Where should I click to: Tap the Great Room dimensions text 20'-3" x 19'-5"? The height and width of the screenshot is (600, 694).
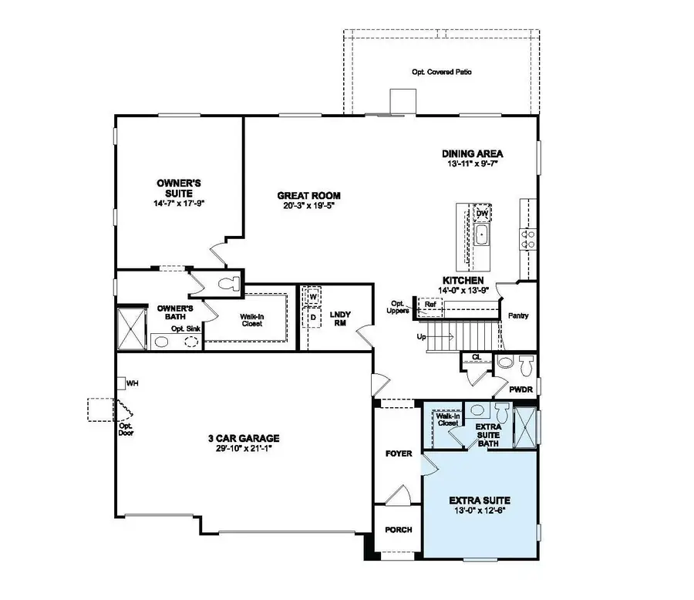[x=308, y=207]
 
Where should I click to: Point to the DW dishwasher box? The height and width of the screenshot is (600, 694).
[x=482, y=213]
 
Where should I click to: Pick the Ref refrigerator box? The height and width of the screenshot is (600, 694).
[x=431, y=304]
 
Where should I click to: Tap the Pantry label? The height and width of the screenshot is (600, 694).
[x=517, y=315]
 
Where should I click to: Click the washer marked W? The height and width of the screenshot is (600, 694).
[x=314, y=296]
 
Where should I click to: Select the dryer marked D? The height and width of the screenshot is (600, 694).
[x=314, y=316]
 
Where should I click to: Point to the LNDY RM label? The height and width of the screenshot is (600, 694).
[x=340, y=319]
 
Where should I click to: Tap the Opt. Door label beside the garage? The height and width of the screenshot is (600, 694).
[x=126, y=430]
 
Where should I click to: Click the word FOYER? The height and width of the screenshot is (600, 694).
[x=399, y=453]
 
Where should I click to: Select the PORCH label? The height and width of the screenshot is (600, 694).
[x=398, y=530]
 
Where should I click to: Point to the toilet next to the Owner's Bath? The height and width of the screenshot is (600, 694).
[x=227, y=283]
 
